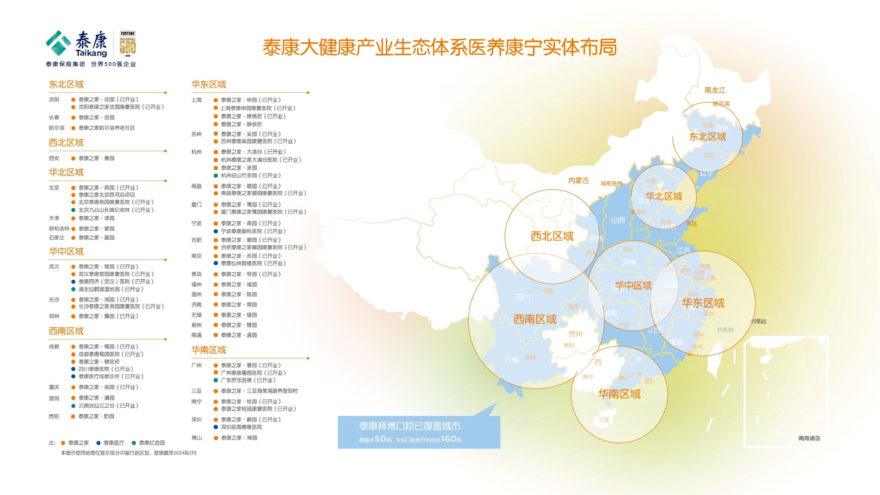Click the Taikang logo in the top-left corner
pos(76,44)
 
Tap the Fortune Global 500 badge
pos(128,44)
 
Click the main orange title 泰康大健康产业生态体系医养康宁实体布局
pos(440,47)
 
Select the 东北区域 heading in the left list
pos(66,84)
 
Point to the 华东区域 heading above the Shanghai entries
pos(209,84)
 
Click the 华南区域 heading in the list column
pos(209,350)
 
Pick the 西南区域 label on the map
pos(535,319)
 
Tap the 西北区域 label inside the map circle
pos(552,236)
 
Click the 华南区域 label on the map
pos(619,394)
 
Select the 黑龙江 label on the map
pos(715,90)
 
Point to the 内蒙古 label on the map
pos(578,181)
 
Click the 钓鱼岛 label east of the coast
pos(725,330)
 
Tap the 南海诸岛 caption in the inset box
pos(809,438)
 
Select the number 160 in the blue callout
pos(448,439)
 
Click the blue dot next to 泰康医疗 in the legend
pos(98,443)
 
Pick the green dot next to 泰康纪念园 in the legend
pos(134,443)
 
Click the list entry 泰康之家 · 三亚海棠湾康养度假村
pos(259,391)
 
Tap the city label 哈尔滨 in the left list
pos(56,128)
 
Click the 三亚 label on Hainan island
pos(604,420)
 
